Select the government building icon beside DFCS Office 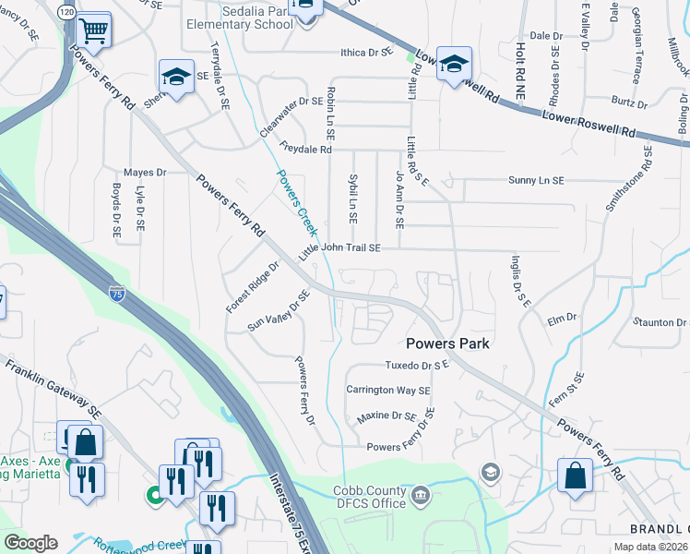(421, 497)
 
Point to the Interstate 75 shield (116, 294)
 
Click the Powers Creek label (294, 201)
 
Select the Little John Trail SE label (339, 248)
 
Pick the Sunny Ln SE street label (535, 181)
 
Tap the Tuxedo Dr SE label (416, 366)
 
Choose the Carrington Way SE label (388, 391)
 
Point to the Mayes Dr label (144, 172)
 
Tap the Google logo (30, 543)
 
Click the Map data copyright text (651, 547)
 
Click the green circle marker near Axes (153, 496)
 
